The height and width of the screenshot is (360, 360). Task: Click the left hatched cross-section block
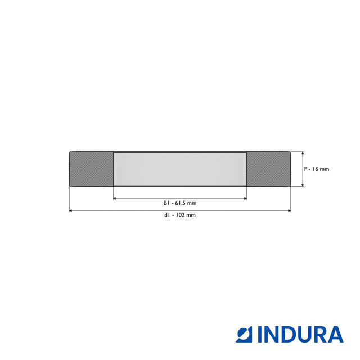tap(91, 169)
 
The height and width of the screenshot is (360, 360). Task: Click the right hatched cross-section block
tap(269, 169)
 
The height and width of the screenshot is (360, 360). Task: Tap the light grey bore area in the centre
tap(180, 169)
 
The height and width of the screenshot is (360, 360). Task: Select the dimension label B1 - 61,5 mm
tap(180, 203)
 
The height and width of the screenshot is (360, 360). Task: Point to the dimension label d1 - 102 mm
tap(180, 215)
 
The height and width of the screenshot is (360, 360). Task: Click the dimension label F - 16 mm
tap(316, 169)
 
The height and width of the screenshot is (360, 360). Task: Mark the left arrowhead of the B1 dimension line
tap(115, 198)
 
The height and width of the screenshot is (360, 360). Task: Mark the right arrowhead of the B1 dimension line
tap(245, 198)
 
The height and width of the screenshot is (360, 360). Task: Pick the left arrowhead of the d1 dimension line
tap(71, 211)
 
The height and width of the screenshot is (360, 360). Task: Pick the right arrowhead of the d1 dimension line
tap(289, 211)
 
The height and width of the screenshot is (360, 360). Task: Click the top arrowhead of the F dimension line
tap(303, 153)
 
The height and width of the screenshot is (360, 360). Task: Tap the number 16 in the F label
tap(316, 169)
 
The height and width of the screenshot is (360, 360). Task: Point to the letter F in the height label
tap(305, 169)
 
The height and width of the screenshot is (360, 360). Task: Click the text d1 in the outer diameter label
tap(167, 215)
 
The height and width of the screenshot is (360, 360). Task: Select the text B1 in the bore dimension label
tap(166, 203)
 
